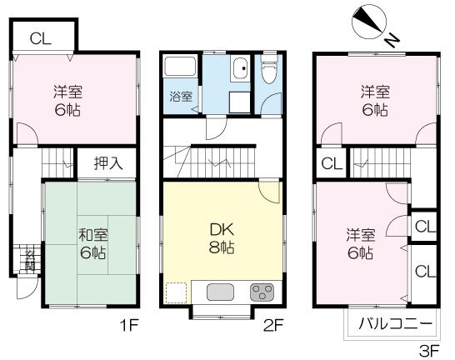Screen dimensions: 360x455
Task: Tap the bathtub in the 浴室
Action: (x=179, y=69)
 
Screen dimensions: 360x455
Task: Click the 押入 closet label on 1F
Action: (x=107, y=162)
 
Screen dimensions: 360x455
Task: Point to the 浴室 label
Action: (x=180, y=96)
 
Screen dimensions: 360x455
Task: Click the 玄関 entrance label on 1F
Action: (x=29, y=260)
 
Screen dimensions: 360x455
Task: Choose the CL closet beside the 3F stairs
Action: (x=330, y=163)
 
